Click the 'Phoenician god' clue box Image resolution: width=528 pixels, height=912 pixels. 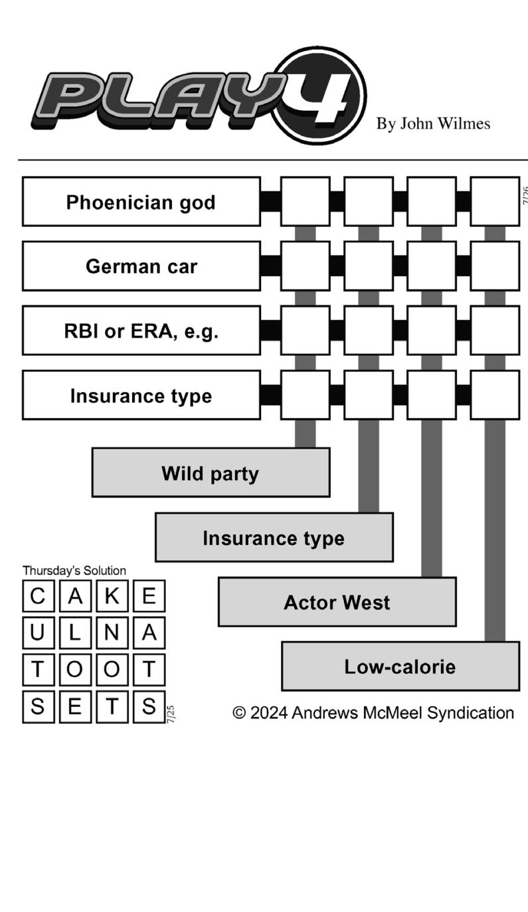pos(141,202)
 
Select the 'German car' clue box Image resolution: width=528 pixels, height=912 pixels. pos(141,266)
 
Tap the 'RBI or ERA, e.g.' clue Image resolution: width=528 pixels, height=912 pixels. pos(141,331)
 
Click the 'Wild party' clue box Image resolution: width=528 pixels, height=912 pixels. pos(210,473)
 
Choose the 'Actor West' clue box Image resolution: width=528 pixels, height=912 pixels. pos(337,602)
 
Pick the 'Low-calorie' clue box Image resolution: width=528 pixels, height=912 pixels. pos(400,666)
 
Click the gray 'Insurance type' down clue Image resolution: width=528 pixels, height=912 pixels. pos(274,538)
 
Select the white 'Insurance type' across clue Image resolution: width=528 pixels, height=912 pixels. pos(141,395)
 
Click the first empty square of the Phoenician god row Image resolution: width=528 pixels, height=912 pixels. pos(305,202)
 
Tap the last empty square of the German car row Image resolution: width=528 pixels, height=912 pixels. pos(495,266)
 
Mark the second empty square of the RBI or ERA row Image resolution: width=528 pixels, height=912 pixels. pos(368,331)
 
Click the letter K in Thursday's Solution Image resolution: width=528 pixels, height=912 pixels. pos(112,596)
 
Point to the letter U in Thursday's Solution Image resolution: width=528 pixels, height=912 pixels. pos(39,633)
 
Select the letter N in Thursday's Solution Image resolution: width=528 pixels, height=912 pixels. pos(112,633)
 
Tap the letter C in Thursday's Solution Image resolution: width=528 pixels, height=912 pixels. pos(39,596)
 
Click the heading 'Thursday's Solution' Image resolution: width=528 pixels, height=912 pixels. pos(74,570)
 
